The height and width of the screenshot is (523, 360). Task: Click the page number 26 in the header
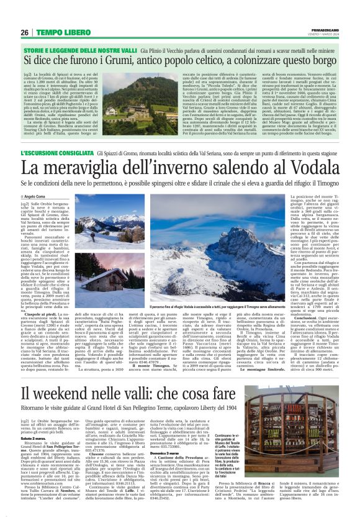tap(25, 32)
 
